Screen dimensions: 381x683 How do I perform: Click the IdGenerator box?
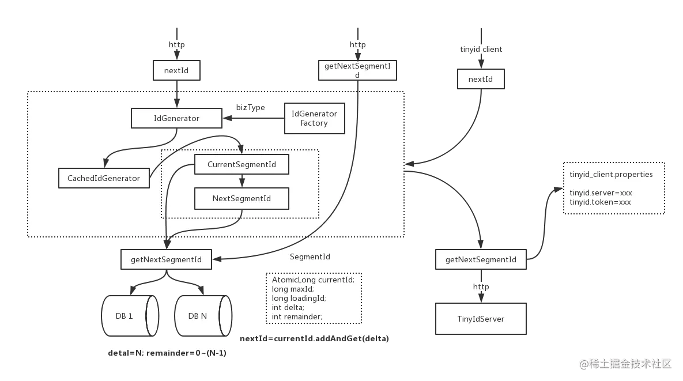[x=176, y=119]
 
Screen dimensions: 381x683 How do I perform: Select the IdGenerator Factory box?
[x=314, y=118]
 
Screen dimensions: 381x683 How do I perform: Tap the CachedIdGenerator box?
[x=104, y=178]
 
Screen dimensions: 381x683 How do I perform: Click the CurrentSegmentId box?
[x=241, y=165]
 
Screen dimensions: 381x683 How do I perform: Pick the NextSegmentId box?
[x=241, y=199]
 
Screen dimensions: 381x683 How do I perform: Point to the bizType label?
[x=251, y=107]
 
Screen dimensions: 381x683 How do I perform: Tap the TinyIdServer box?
[x=481, y=319]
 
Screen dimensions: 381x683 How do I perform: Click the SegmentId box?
[x=310, y=256]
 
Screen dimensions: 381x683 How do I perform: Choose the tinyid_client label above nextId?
[x=481, y=50]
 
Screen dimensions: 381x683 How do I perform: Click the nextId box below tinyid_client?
[x=481, y=80]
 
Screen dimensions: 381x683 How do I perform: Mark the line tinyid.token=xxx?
[x=600, y=202]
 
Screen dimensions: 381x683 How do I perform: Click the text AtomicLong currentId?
[x=317, y=280]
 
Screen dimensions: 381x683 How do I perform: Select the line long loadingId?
[x=299, y=298]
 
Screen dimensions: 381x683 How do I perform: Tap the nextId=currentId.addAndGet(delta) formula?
[x=314, y=338]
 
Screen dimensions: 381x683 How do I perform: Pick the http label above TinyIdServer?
[x=481, y=287]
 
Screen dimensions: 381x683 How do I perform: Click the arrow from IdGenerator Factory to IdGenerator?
[x=254, y=119]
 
